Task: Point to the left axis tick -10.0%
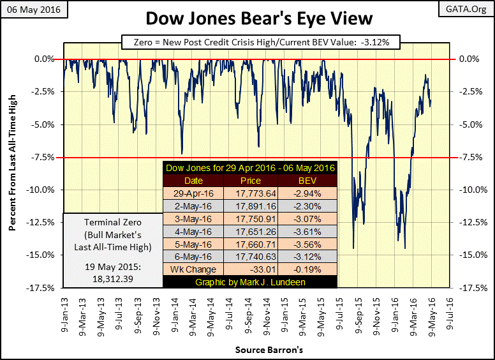[45, 190]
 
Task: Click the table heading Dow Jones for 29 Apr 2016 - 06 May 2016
[250, 169]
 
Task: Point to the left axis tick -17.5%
[45, 288]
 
